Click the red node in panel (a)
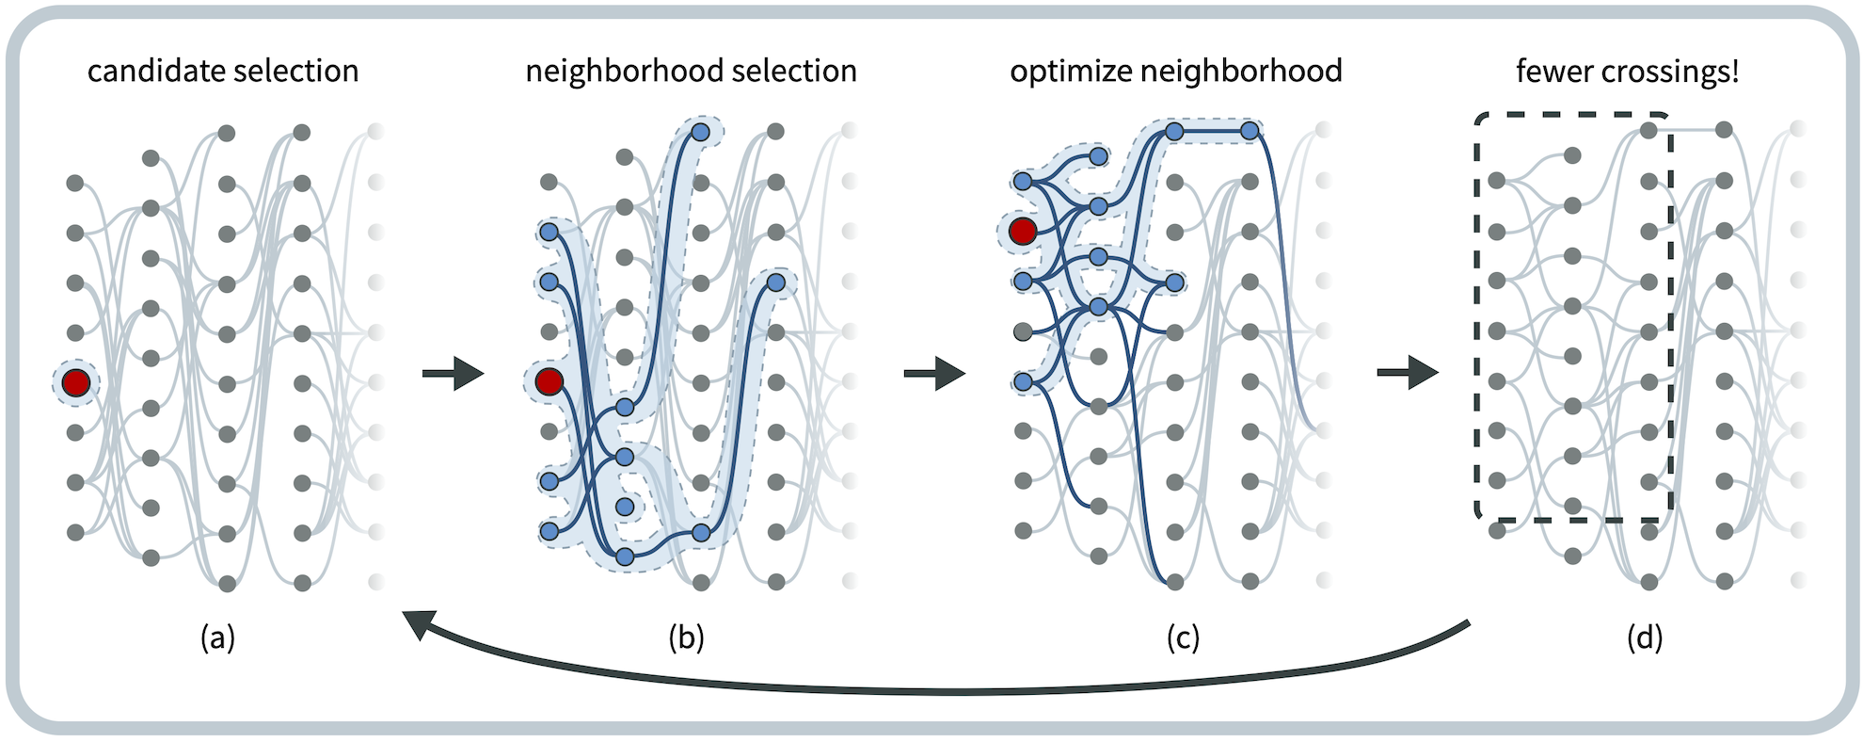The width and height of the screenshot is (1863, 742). click(x=76, y=382)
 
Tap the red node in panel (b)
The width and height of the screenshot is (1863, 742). click(x=549, y=381)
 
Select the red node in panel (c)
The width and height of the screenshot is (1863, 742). click(x=1023, y=231)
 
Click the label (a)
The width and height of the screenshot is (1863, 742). click(x=217, y=638)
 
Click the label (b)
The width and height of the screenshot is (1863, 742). click(x=686, y=638)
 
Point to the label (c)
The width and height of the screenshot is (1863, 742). click(x=1183, y=638)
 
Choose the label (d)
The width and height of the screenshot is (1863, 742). click(x=1645, y=638)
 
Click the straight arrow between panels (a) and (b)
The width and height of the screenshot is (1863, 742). click(x=454, y=374)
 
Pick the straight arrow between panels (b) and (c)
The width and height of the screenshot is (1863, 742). click(x=934, y=374)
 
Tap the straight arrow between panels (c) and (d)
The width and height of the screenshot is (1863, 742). click(x=1408, y=373)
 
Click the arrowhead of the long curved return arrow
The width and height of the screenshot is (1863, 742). click(x=420, y=624)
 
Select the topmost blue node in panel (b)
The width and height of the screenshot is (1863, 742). click(x=700, y=132)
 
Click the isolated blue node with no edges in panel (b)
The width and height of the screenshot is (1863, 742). click(x=625, y=507)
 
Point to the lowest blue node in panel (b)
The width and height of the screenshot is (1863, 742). click(x=625, y=556)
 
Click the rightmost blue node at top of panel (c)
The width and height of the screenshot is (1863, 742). click(x=1250, y=132)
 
